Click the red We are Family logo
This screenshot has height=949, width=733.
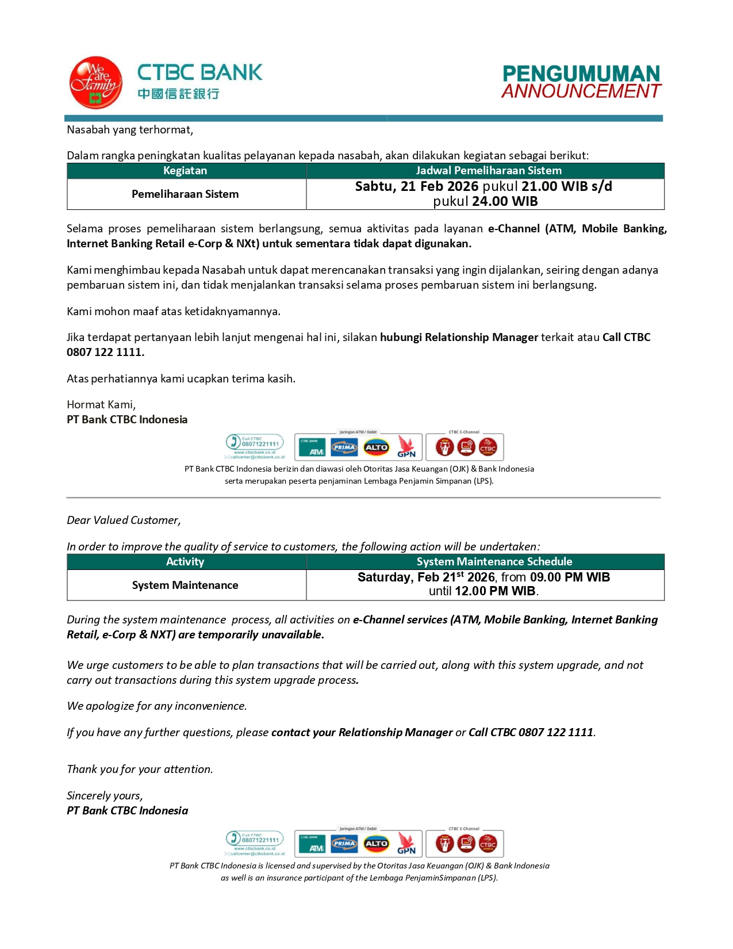pos(95,83)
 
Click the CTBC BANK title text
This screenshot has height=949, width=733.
pos(199,72)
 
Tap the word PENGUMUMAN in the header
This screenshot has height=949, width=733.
pos(581,74)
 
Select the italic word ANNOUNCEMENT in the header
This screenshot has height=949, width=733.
pos(581,91)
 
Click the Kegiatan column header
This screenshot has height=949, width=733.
pos(185,171)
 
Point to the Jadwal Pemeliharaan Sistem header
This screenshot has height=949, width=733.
pos(488,171)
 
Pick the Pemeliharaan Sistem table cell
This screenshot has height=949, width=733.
pos(185,194)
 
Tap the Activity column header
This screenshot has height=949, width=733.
pos(185,562)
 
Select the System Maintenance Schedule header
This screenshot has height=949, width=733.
pos(494,562)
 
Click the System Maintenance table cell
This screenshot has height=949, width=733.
pos(185,586)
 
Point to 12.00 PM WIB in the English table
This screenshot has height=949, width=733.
pos(495,591)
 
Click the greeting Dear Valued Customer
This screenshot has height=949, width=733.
pos(124,521)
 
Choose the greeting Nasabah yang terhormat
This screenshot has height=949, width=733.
pos(130,130)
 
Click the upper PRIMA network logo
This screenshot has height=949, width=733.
pos(344,447)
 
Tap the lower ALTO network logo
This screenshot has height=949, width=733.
pos(376,844)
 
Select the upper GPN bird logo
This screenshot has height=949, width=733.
pos(406,447)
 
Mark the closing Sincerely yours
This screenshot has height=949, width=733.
pos(105,796)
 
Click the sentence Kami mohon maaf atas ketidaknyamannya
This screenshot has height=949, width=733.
pos(174,312)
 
